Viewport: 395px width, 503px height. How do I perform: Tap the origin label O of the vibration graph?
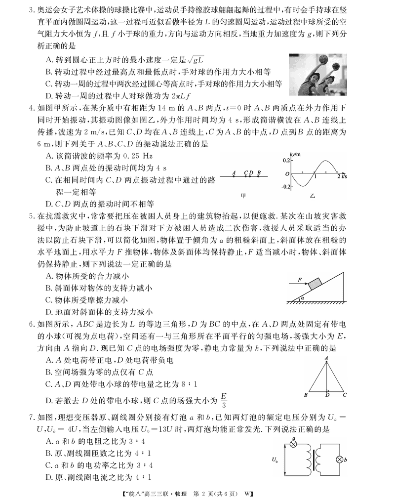[287, 174]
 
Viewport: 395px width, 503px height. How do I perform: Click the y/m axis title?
[296, 155]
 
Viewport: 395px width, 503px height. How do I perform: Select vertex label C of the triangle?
[346, 395]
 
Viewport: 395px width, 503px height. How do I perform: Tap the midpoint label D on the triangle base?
[327, 395]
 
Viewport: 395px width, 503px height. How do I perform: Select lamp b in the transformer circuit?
[340, 460]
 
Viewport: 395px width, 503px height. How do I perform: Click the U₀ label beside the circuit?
[275, 460]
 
